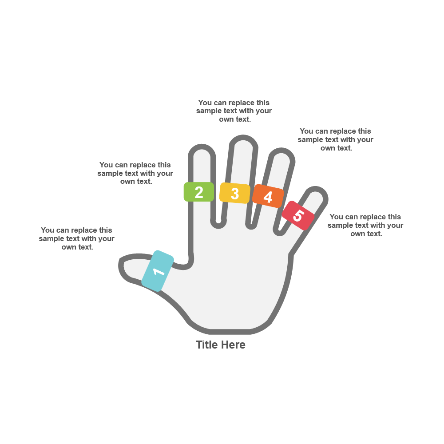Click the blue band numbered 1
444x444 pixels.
(x=158, y=271)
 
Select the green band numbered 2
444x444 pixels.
(x=199, y=192)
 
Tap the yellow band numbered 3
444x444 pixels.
(x=235, y=193)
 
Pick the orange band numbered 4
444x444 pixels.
(x=268, y=196)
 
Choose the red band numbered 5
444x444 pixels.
(x=298, y=215)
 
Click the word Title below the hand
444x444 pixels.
(x=207, y=345)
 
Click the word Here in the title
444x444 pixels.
(x=234, y=345)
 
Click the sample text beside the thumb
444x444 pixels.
(x=76, y=238)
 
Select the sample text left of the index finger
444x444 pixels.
(x=135, y=173)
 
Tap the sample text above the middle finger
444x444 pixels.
(x=234, y=111)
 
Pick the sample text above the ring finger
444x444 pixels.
(x=335, y=139)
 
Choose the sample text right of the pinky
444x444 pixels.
(x=365, y=225)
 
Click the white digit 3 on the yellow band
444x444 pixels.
(x=235, y=194)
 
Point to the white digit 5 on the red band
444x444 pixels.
(x=298, y=216)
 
